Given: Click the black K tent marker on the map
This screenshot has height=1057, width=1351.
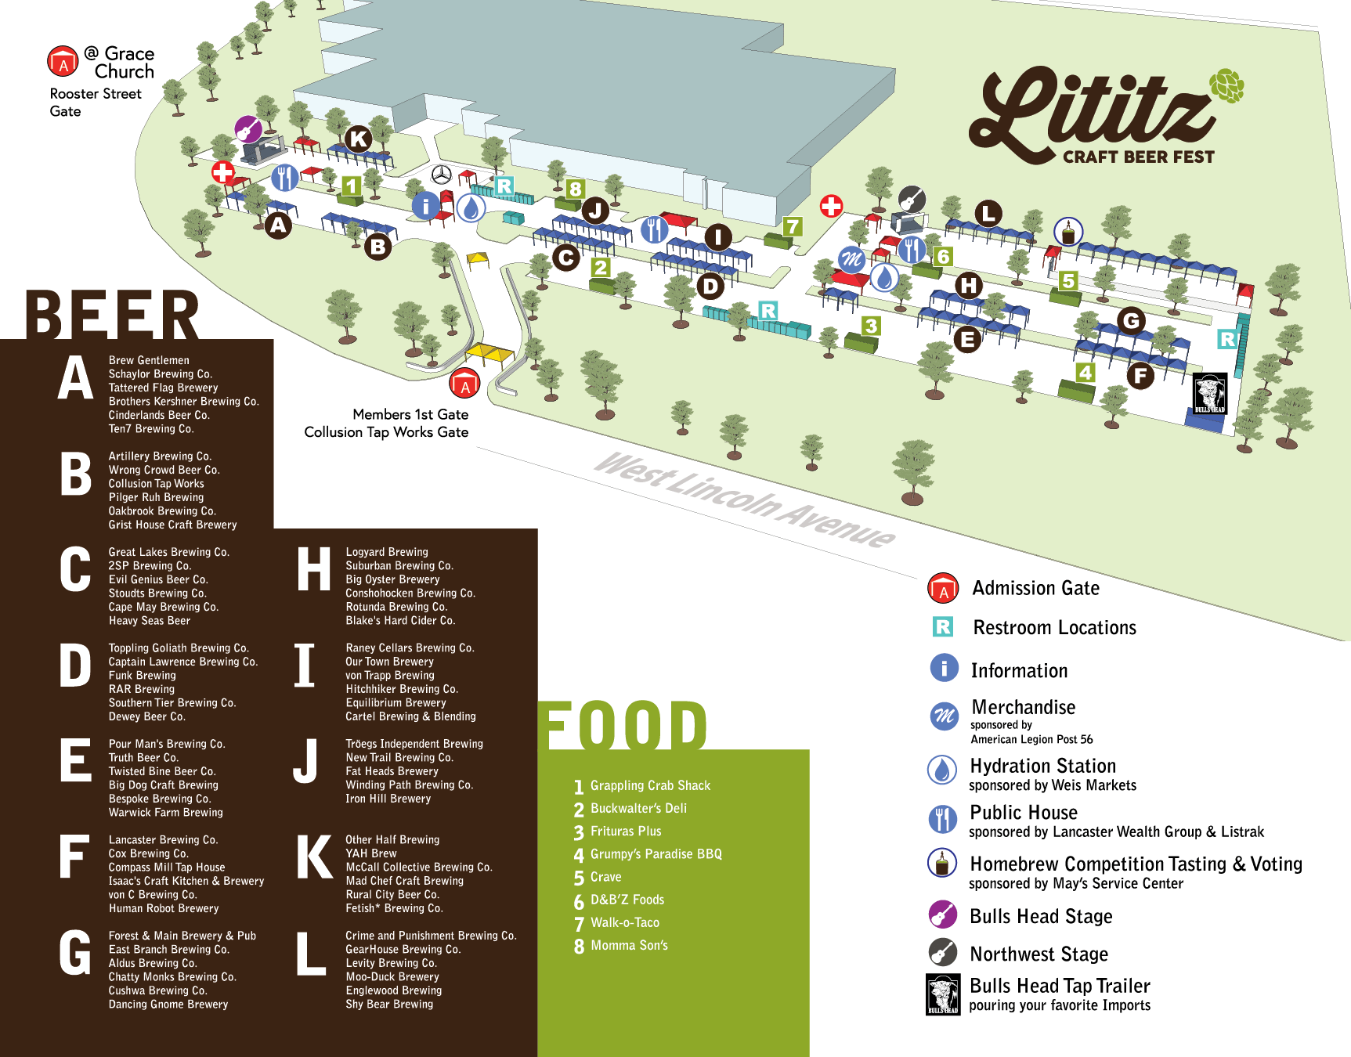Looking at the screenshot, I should click(x=359, y=139).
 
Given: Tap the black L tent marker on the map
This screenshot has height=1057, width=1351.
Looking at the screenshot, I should click(x=988, y=213).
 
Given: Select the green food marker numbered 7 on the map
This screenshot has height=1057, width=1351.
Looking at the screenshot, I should click(x=793, y=227).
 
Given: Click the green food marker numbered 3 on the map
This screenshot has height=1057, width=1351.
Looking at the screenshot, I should click(x=871, y=325).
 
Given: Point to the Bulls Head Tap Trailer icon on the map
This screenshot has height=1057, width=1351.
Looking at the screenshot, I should click(x=1209, y=393).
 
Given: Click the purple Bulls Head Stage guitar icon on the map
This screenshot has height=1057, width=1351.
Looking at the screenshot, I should click(x=248, y=128).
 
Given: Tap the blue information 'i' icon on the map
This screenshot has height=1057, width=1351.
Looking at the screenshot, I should click(x=425, y=206).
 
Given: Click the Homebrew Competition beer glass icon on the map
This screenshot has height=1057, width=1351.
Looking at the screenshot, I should click(x=1068, y=232).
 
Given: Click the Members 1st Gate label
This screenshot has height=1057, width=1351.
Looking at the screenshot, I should click(x=410, y=414).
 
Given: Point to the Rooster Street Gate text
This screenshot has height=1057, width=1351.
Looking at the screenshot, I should click(x=95, y=102).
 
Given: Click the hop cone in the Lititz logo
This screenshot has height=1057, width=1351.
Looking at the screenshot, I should click(x=1226, y=85).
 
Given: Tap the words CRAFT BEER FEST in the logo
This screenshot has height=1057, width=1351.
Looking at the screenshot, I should click(x=1138, y=157).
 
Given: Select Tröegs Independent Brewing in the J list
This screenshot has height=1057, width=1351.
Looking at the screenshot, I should click(x=414, y=744).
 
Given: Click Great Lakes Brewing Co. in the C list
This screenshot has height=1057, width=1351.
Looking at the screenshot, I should click(x=168, y=552).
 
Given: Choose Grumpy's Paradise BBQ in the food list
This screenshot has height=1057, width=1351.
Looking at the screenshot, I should click(x=656, y=854).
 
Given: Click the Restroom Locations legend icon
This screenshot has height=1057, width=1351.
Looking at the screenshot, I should click(x=943, y=627).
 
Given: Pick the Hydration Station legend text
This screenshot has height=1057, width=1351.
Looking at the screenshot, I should click(x=1042, y=766).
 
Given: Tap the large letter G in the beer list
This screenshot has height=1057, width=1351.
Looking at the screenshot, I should click(x=75, y=954).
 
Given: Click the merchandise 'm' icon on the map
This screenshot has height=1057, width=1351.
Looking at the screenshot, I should click(x=851, y=259).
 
